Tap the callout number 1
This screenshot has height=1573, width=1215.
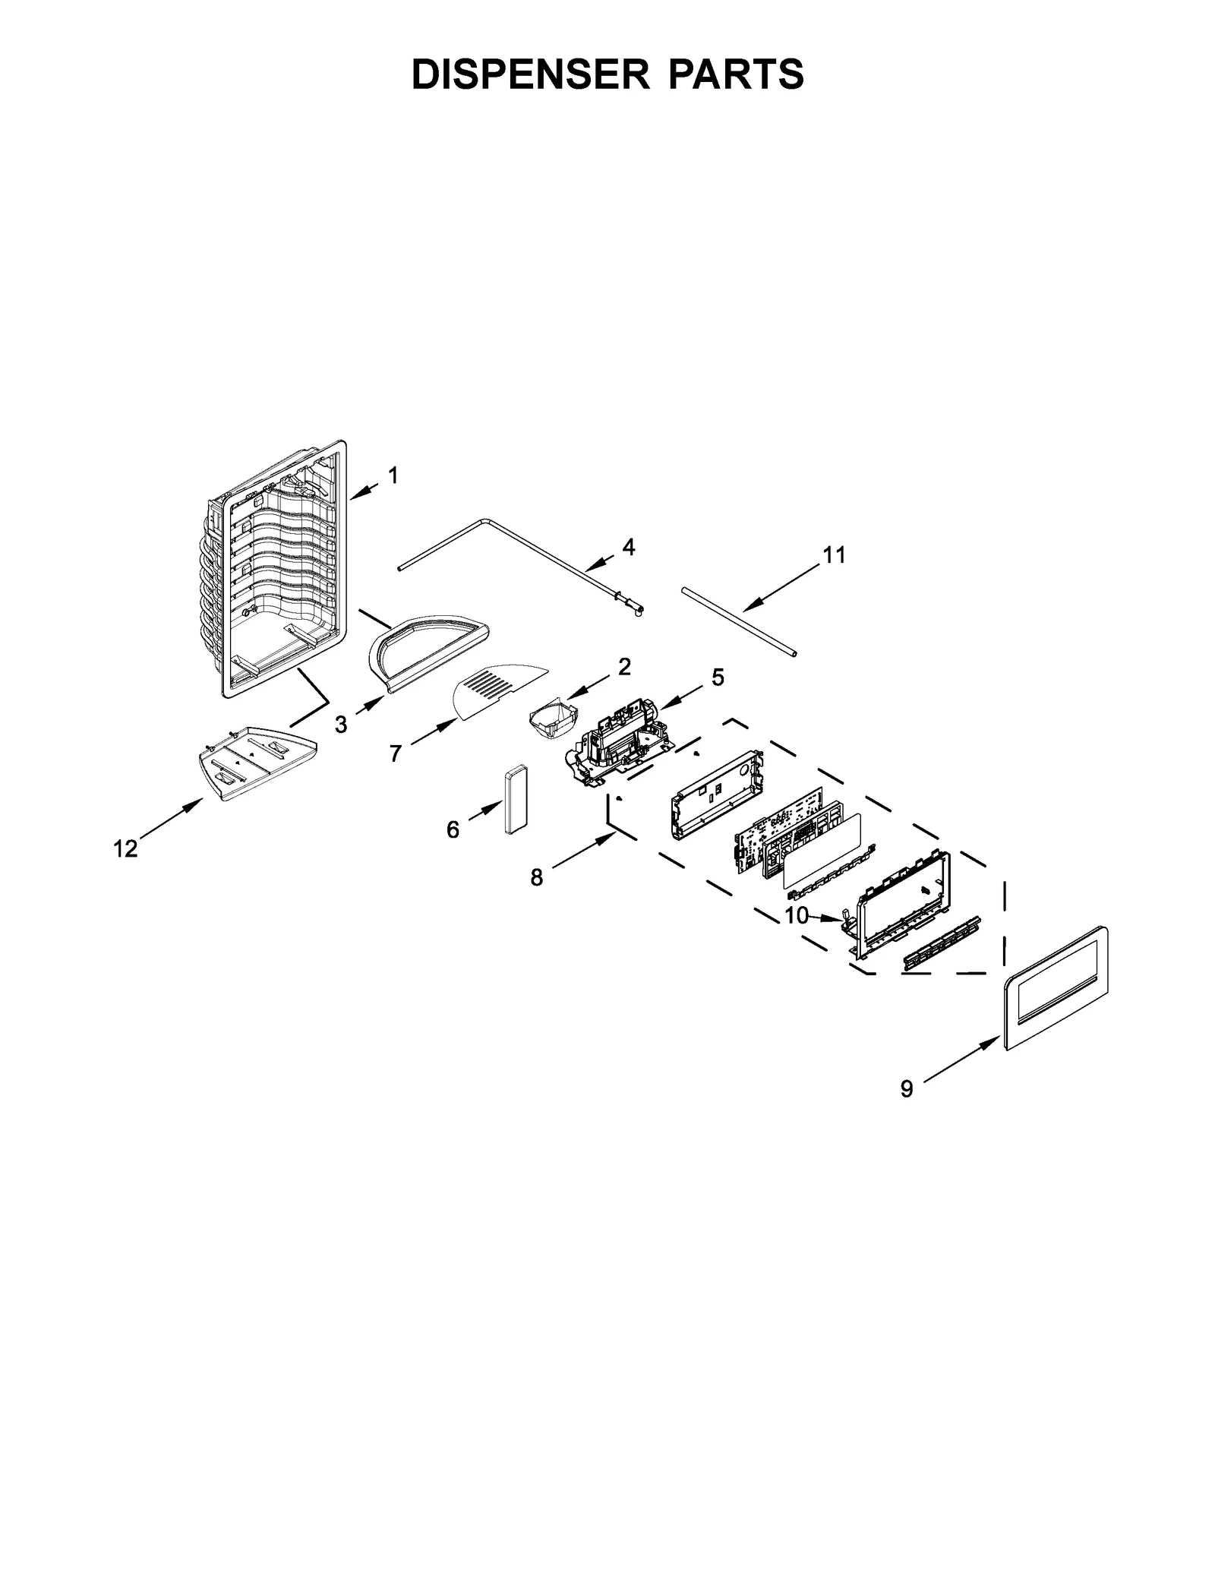393,475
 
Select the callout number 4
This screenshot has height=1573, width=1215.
628,547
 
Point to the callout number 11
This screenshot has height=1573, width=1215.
834,555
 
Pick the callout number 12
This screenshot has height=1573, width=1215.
126,848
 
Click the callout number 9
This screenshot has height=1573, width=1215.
907,1088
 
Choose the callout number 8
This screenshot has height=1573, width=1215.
537,877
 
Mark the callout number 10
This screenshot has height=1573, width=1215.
796,915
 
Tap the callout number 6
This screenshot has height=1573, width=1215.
453,829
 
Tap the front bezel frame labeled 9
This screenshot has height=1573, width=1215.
1055,987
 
